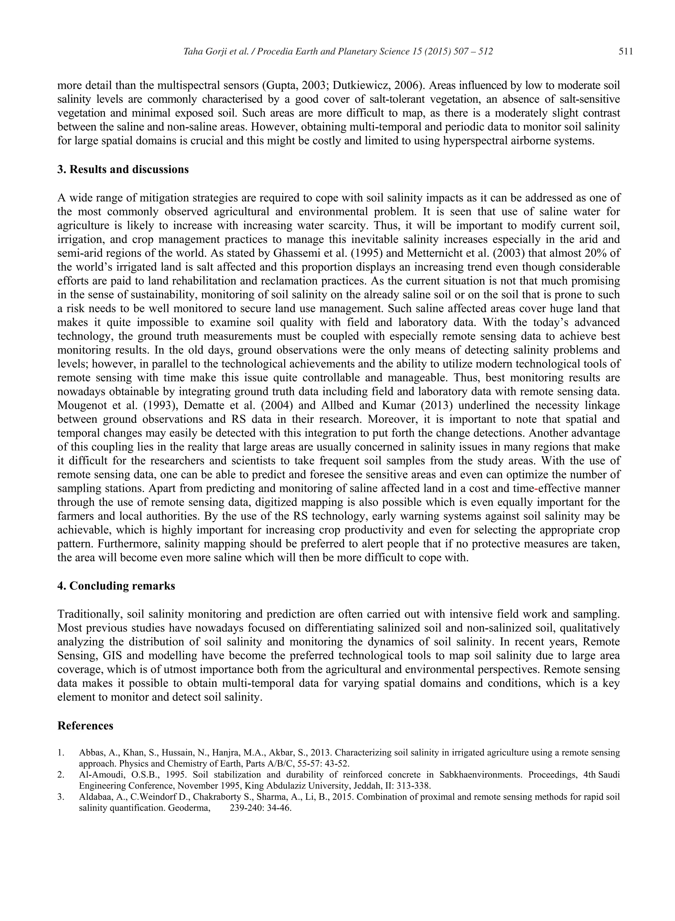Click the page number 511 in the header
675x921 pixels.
(626, 51)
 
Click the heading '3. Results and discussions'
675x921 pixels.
(123, 169)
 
